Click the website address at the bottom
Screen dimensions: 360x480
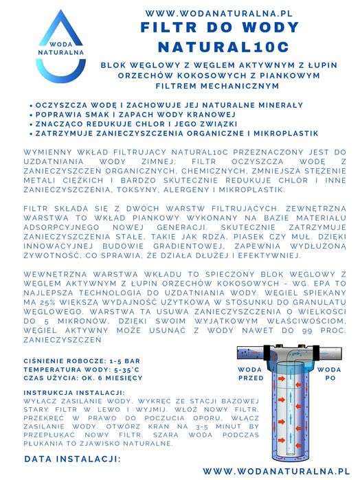[273, 471]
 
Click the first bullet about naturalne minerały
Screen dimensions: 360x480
[168, 105]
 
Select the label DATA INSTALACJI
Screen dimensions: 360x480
[73, 458]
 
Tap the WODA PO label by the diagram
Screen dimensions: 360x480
[330, 373]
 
